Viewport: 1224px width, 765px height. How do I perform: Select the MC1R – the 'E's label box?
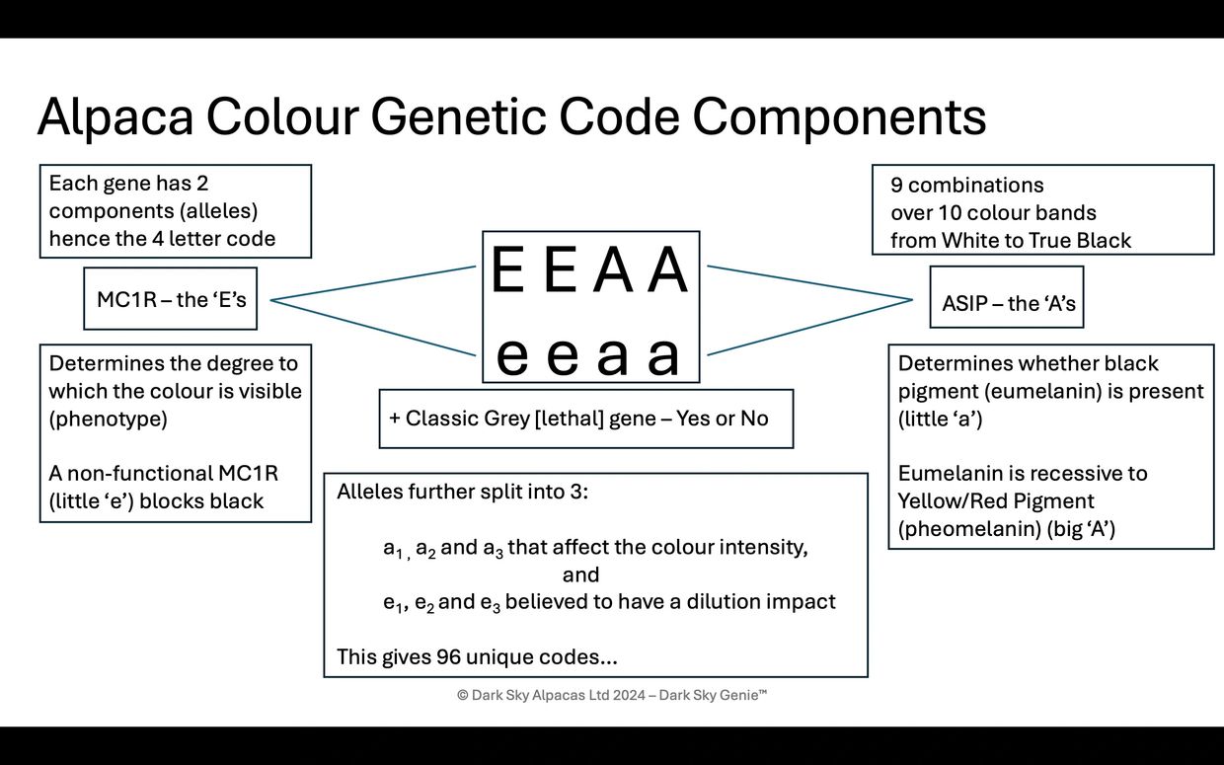[171, 299]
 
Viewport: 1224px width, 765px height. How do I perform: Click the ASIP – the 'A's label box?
[1007, 303]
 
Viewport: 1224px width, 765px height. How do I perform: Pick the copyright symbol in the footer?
[462, 695]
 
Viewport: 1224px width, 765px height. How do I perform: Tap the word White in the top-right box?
[968, 240]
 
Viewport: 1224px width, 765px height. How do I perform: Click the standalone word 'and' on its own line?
[580, 574]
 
